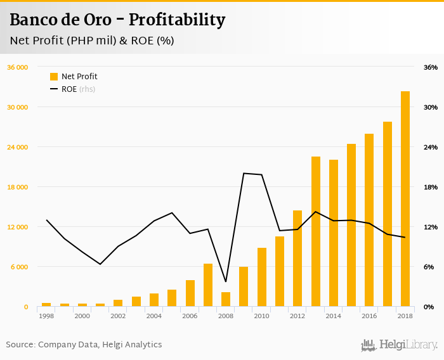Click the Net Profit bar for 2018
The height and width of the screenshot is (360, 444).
point(405,199)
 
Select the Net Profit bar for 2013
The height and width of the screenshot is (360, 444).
point(315,231)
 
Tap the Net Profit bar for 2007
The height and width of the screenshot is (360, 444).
point(208,285)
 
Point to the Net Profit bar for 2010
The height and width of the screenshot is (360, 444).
point(262,277)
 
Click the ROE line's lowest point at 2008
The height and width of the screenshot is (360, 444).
point(226,281)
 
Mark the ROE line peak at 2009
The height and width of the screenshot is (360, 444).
point(244,173)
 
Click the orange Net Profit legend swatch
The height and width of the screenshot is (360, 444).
point(54,77)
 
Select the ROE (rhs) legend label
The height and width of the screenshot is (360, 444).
point(78,89)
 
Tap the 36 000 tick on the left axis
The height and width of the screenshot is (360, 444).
point(17,67)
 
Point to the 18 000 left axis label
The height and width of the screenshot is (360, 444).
point(17,187)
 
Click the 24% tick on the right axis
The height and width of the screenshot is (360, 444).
point(431,147)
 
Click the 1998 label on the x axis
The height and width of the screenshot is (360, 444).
point(46,316)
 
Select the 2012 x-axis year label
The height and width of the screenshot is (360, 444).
point(297,316)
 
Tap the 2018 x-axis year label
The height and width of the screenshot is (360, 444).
point(405,316)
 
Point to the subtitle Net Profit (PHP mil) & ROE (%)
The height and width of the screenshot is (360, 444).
point(92,41)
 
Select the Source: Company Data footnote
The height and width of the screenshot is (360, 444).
point(84,345)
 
